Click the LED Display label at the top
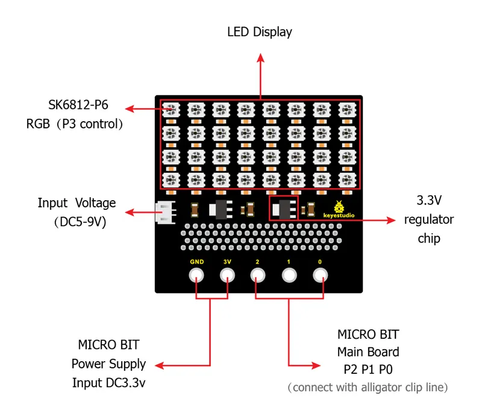260,32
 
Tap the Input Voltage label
77,203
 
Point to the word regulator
429,219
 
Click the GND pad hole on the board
196,276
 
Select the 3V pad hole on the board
227,276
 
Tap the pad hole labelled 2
258,276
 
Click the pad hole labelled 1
289,276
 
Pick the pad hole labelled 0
320,276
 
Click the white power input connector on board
164,212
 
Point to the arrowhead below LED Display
260,58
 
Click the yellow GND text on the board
196,262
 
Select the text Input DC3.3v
108,382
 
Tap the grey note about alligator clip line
368,388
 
